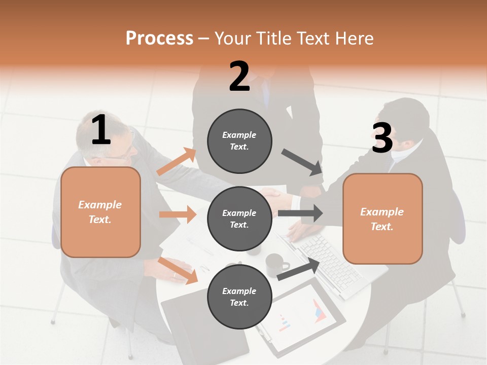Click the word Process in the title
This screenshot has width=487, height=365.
(x=159, y=38)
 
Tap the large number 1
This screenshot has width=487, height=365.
(x=101, y=130)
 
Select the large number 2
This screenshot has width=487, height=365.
(x=239, y=76)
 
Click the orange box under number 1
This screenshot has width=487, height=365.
(x=100, y=212)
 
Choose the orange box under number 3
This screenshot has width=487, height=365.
(x=382, y=219)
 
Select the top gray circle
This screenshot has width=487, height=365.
(x=239, y=141)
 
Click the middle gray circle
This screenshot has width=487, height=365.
(x=239, y=219)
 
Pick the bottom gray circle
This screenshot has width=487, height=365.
(x=239, y=297)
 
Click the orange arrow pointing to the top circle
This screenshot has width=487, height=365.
(x=176, y=162)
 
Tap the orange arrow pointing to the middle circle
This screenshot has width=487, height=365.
(x=178, y=214)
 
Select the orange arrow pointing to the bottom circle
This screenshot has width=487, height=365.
(x=178, y=271)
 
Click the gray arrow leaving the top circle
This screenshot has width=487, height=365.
(x=302, y=162)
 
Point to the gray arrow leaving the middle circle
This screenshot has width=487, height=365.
(x=300, y=213)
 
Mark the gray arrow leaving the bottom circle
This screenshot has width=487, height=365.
(x=299, y=269)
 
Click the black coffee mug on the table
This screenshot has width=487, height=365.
(x=276, y=264)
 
